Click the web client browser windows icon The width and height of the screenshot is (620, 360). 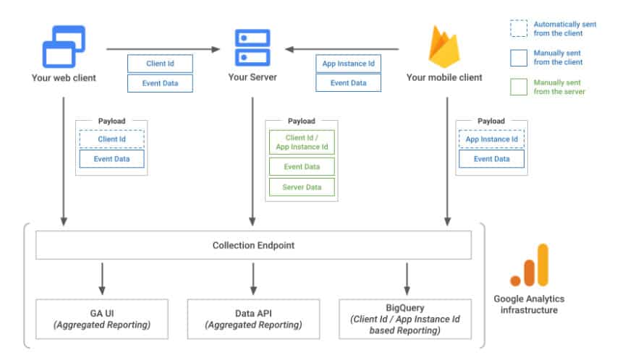[x=64, y=46]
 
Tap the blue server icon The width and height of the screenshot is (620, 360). [x=252, y=48]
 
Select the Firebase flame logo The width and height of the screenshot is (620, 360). [x=444, y=47]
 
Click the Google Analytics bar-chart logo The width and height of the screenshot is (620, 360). [x=530, y=265]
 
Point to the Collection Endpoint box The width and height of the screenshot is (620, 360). [x=253, y=245]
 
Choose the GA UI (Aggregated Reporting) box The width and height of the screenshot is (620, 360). [x=102, y=319]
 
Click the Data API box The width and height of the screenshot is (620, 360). [x=253, y=319]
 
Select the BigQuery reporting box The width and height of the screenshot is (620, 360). [x=405, y=319]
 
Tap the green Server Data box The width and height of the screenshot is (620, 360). [x=302, y=187]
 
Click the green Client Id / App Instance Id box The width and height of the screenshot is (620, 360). [x=302, y=142]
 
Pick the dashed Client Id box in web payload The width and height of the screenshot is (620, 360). [x=112, y=139]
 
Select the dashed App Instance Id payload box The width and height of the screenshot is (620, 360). [x=491, y=139]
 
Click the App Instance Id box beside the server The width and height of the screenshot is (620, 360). [x=349, y=64]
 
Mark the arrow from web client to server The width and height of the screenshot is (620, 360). [x=163, y=49]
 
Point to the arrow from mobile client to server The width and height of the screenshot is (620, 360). [x=342, y=49]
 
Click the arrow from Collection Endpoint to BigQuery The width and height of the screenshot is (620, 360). [x=407, y=278]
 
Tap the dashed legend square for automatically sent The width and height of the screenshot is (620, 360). [x=519, y=28]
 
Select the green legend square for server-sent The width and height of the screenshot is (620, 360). [x=519, y=87]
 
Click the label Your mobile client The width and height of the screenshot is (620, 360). [x=444, y=77]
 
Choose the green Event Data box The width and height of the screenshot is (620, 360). [x=302, y=166]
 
